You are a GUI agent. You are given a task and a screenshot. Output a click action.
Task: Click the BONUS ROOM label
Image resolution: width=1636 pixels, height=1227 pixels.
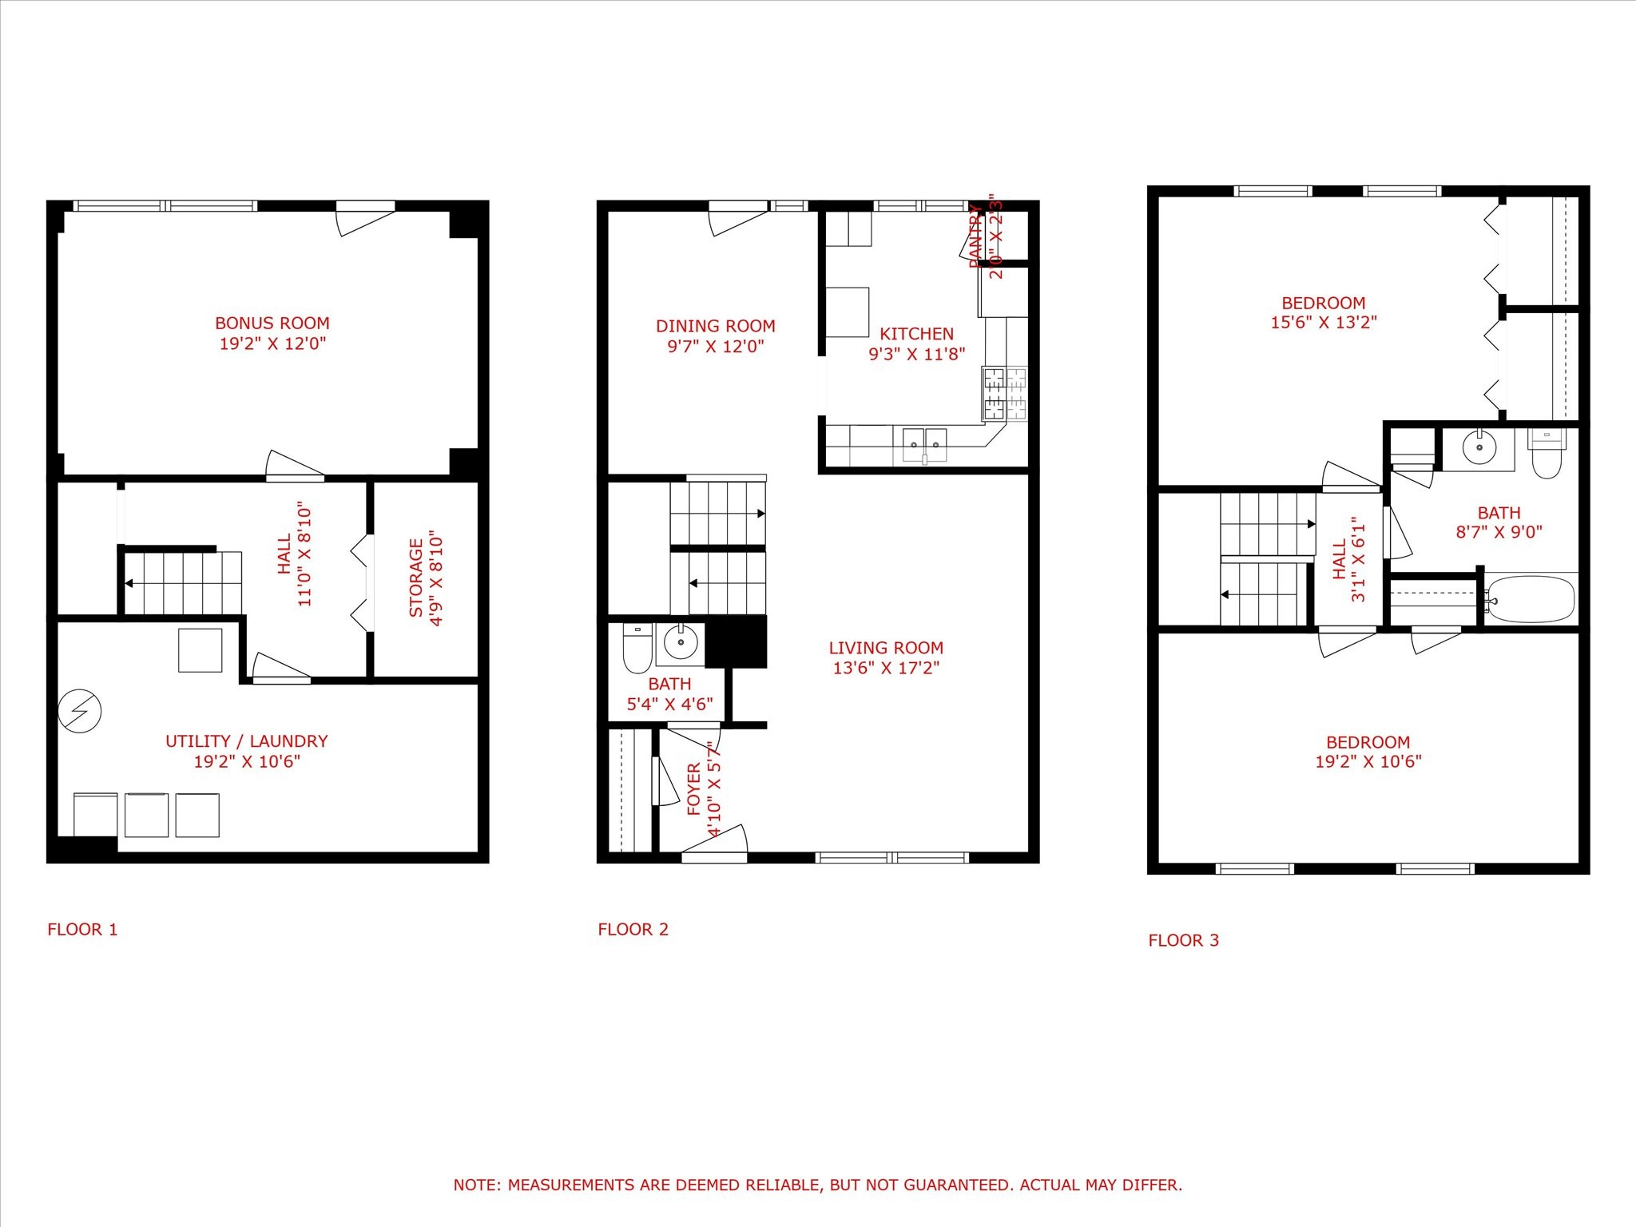[272, 324]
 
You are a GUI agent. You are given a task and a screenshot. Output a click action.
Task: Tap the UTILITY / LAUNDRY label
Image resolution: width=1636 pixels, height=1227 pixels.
[246, 741]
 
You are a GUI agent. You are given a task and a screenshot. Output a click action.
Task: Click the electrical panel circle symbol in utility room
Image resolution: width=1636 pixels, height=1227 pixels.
[80, 710]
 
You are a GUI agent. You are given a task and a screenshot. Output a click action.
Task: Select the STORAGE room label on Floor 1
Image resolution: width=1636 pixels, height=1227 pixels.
[416, 578]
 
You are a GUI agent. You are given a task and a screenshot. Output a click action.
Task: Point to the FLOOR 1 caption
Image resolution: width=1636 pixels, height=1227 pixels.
[82, 930]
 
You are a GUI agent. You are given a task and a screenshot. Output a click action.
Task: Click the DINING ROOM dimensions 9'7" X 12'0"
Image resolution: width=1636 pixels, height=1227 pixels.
[715, 347]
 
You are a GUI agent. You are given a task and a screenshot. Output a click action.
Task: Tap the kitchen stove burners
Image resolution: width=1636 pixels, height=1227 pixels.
[1004, 393]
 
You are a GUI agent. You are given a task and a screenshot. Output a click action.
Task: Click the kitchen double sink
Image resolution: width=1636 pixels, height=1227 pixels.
[924, 445]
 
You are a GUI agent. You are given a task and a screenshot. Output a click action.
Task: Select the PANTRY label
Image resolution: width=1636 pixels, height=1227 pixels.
[975, 236]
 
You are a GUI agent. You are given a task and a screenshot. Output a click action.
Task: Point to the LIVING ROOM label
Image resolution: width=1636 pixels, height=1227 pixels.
[885, 648]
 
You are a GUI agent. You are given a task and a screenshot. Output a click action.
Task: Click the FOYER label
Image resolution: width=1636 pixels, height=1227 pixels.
[693, 789]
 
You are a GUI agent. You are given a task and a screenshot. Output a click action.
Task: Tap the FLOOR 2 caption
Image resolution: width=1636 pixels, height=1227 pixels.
[633, 930]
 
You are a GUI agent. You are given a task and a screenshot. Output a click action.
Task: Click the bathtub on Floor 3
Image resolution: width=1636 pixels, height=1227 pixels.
[1531, 598]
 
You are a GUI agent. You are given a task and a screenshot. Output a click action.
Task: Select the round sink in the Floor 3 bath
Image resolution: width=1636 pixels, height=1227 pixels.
[1479, 448]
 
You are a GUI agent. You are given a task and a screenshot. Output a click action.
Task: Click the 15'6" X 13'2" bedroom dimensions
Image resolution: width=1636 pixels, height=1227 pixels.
[1324, 323]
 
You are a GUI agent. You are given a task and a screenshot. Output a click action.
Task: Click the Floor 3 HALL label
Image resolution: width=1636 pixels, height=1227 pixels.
[1340, 559]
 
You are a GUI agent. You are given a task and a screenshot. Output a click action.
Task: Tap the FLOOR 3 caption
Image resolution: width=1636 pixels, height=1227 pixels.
[1183, 941]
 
